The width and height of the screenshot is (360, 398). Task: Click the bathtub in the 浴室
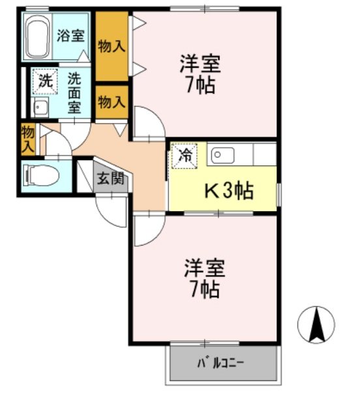point(39,37)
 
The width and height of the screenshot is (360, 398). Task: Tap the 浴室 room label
point(70,35)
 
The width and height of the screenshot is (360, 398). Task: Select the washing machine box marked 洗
point(44,82)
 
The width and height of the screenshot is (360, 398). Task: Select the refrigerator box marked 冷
point(184,157)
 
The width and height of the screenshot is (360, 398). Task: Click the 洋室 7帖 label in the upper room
point(200,74)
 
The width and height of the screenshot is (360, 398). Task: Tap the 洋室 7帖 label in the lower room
point(203,277)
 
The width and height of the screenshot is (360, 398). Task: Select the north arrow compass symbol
point(316,324)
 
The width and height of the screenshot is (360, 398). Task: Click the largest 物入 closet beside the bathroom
point(112,46)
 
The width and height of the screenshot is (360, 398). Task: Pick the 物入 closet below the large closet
point(112,102)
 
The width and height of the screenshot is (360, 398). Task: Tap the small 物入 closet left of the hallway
point(27,139)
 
